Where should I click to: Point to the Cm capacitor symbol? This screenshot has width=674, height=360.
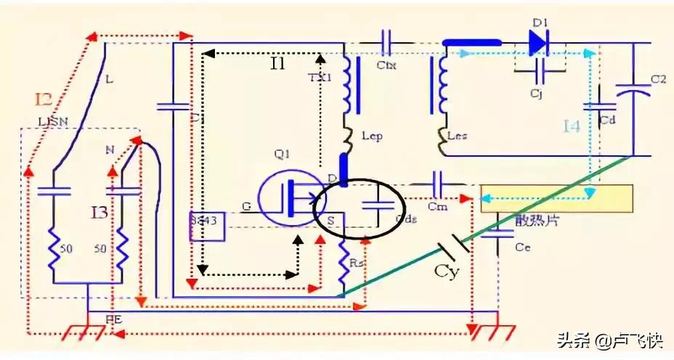(x=438, y=180)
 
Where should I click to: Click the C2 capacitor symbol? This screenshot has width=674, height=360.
(x=633, y=90)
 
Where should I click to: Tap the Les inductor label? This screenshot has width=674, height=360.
(x=463, y=136)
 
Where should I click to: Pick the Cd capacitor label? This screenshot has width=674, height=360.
(x=609, y=120)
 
